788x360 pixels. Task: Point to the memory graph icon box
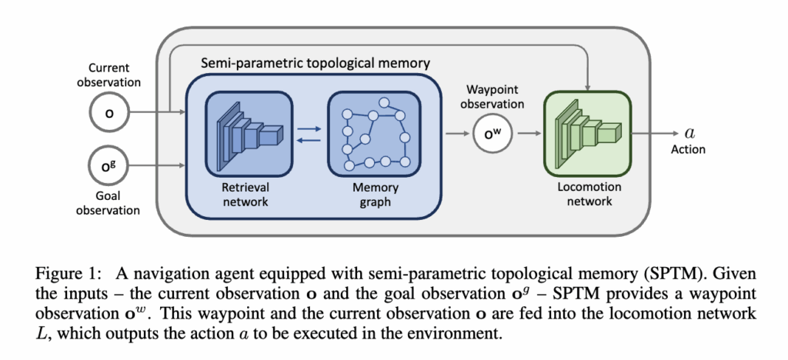[x=372, y=133]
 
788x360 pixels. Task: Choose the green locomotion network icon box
[x=586, y=134]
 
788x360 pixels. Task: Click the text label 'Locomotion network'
[x=586, y=193]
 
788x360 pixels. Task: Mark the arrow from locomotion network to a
[x=654, y=133]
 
